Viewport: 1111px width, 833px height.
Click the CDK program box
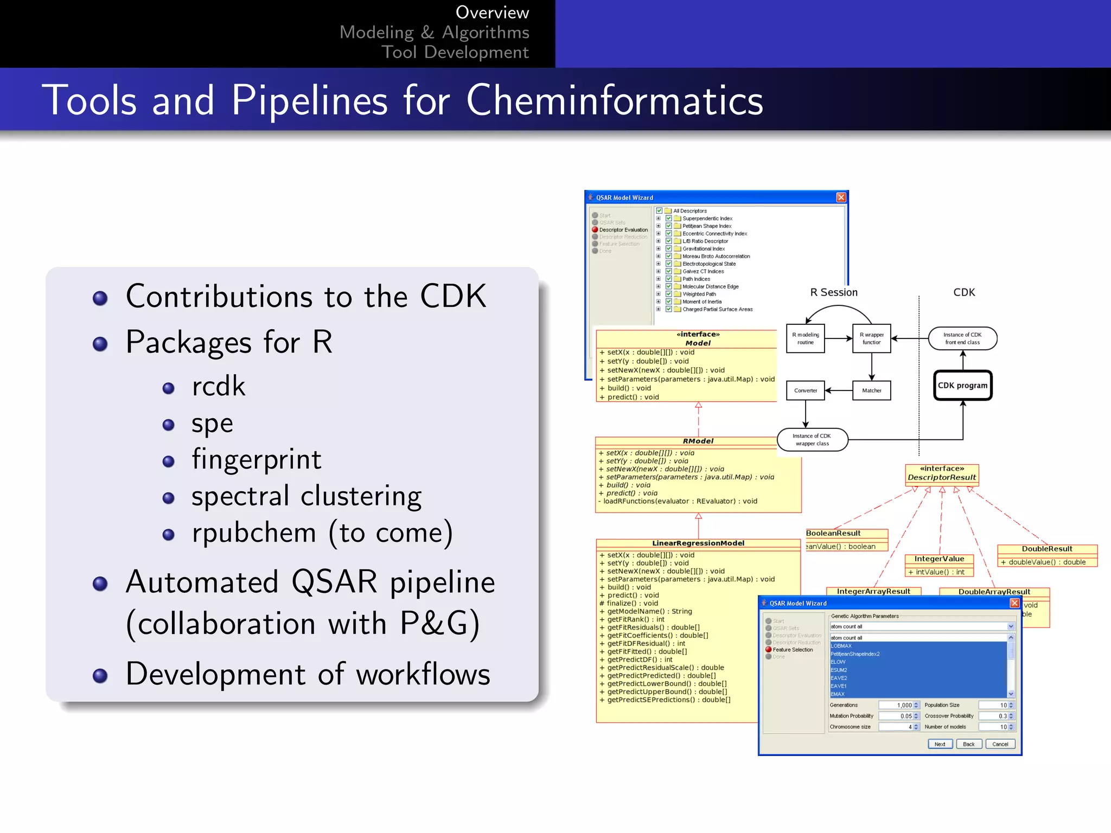tap(962, 386)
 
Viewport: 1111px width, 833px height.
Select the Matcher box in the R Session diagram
tap(871, 390)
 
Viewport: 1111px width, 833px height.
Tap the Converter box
tap(805, 390)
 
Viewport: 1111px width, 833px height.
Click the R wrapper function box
tap(871, 338)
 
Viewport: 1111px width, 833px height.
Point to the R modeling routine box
tap(805, 338)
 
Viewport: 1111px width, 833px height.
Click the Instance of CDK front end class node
tap(962, 338)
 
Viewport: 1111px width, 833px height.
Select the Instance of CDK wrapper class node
tap(812, 440)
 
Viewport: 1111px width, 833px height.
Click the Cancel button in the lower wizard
tap(1000, 744)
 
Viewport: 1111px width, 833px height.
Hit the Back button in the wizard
tap(968, 744)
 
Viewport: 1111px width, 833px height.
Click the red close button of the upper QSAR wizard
tap(841, 197)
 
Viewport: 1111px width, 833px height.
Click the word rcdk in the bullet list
tap(218, 386)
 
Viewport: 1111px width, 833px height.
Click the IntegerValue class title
tap(939, 559)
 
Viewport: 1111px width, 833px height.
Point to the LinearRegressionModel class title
tap(698, 543)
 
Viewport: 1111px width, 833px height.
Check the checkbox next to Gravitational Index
tap(669, 249)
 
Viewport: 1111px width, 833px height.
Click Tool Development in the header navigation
tap(455, 53)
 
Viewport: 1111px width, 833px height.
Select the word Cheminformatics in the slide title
tap(614, 100)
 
